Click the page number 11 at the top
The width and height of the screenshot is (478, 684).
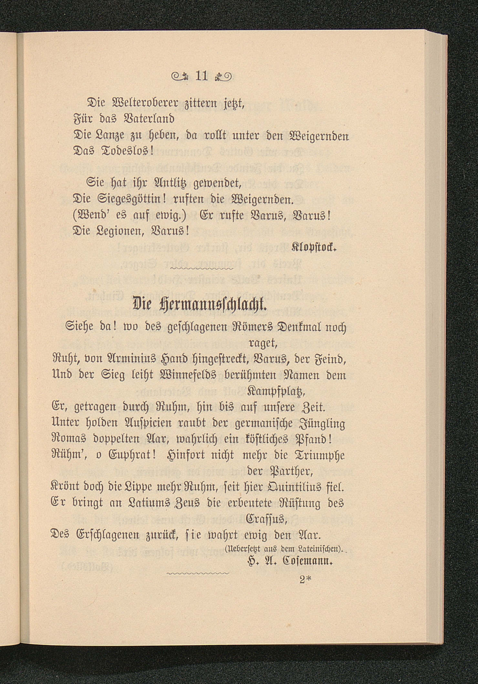point(203,76)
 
